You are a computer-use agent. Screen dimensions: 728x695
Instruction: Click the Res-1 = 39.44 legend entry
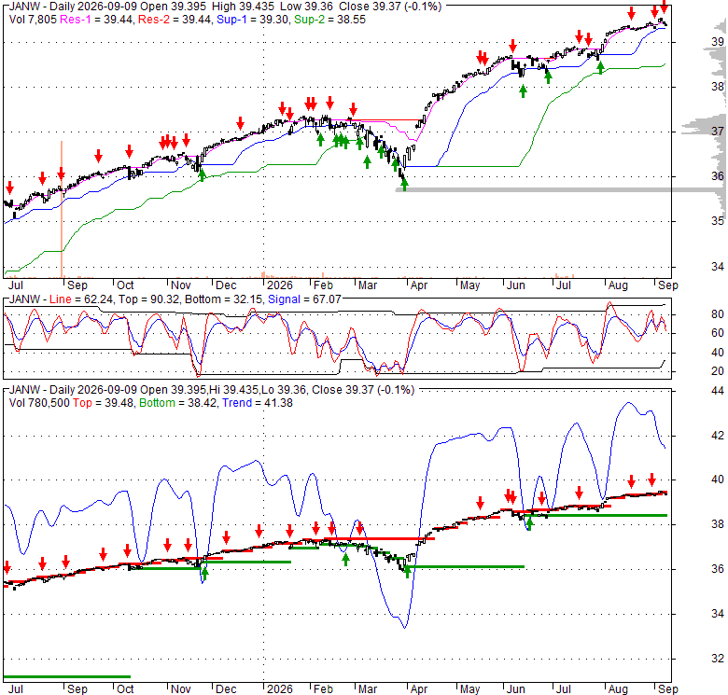[x=96, y=20]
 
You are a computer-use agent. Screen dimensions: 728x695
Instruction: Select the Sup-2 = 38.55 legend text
[x=329, y=20]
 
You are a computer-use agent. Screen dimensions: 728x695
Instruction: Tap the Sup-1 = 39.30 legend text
[x=253, y=20]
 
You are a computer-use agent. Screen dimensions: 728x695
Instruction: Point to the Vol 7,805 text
[x=33, y=20]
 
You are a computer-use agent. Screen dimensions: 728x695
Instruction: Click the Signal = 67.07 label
[x=304, y=299]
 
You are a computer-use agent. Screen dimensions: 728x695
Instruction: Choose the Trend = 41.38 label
[x=258, y=403]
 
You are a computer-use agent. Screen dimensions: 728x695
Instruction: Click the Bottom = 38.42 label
[x=177, y=403]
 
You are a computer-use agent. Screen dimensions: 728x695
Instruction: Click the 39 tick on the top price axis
[x=718, y=42]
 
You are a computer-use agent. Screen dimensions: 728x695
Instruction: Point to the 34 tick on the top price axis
[x=718, y=267]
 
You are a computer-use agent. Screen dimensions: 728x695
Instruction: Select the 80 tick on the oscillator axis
[x=718, y=314]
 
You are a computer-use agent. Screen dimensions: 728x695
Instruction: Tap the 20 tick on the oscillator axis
[x=718, y=371]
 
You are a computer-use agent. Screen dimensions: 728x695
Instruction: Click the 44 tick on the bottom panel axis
[x=718, y=391]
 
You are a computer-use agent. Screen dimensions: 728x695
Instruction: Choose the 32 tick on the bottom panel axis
[x=718, y=659]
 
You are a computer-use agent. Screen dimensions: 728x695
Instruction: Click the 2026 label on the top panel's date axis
[x=279, y=285]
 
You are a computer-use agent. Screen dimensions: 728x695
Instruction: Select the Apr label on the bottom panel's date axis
[x=418, y=689]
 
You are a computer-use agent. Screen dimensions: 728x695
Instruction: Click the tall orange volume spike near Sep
[x=62, y=209]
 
